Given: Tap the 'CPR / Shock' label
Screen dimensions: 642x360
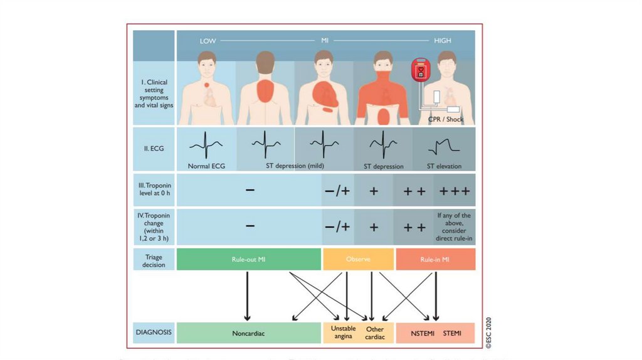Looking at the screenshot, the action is pos(446,119).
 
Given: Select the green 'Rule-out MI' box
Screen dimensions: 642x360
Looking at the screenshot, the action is pos(248,259).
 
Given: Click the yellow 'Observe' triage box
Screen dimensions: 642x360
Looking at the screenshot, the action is pos(358,259).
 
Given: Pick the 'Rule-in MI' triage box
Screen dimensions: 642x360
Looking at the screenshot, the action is pos(436,259).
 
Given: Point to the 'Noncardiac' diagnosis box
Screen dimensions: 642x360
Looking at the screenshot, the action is pos(248,333).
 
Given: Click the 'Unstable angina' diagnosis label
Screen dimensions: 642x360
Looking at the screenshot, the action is pos(342,332).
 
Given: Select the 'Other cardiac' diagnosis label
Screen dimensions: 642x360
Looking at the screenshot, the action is pos(375,332).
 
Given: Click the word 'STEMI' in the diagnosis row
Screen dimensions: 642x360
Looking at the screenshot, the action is pos(452,333).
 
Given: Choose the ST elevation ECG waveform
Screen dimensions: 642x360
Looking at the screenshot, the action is pos(444,147).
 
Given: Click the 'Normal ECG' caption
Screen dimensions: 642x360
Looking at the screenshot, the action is pos(207,167).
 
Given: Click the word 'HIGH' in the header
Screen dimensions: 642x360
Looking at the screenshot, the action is pos(443,41).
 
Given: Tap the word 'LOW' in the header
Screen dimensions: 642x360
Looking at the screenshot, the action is pos(208,41).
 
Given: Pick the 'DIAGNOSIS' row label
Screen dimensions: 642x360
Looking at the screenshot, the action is pos(152,333).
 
